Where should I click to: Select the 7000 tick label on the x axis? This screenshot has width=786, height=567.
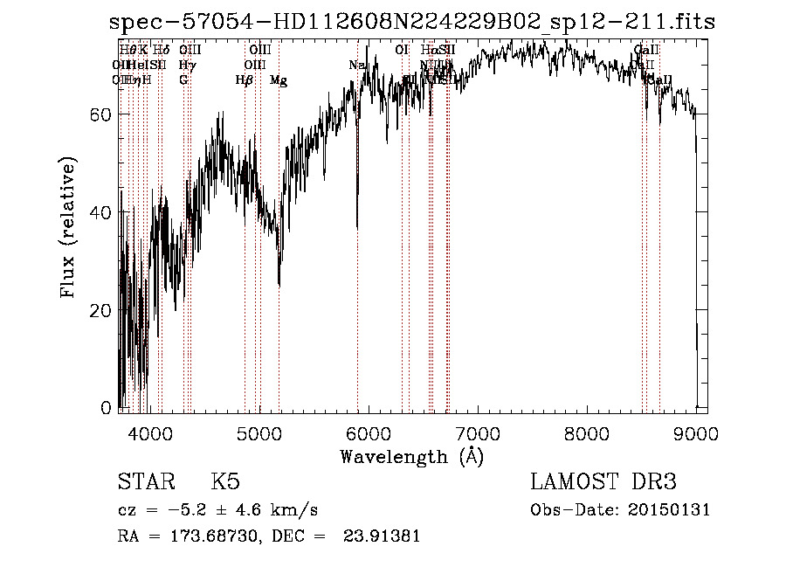point(478,432)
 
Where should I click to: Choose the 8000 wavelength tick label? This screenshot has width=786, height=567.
point(587,432)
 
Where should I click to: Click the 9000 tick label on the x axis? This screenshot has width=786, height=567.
point(696,432)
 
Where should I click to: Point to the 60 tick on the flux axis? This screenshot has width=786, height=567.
point(103,114)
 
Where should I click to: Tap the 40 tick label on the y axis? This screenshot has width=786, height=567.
point(103,212)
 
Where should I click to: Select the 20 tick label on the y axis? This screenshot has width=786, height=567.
point(103,310)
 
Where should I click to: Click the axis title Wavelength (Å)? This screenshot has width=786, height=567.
point(411,456)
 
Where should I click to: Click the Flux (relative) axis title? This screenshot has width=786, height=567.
point(70,228)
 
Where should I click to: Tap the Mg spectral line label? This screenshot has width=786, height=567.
point(278,80)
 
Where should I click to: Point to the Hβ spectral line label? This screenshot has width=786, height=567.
point(245,80)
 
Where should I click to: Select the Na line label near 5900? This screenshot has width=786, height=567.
point(356,66)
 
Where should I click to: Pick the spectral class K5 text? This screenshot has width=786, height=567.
point(225,482)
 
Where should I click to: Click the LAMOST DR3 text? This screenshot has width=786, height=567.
point(603,482)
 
